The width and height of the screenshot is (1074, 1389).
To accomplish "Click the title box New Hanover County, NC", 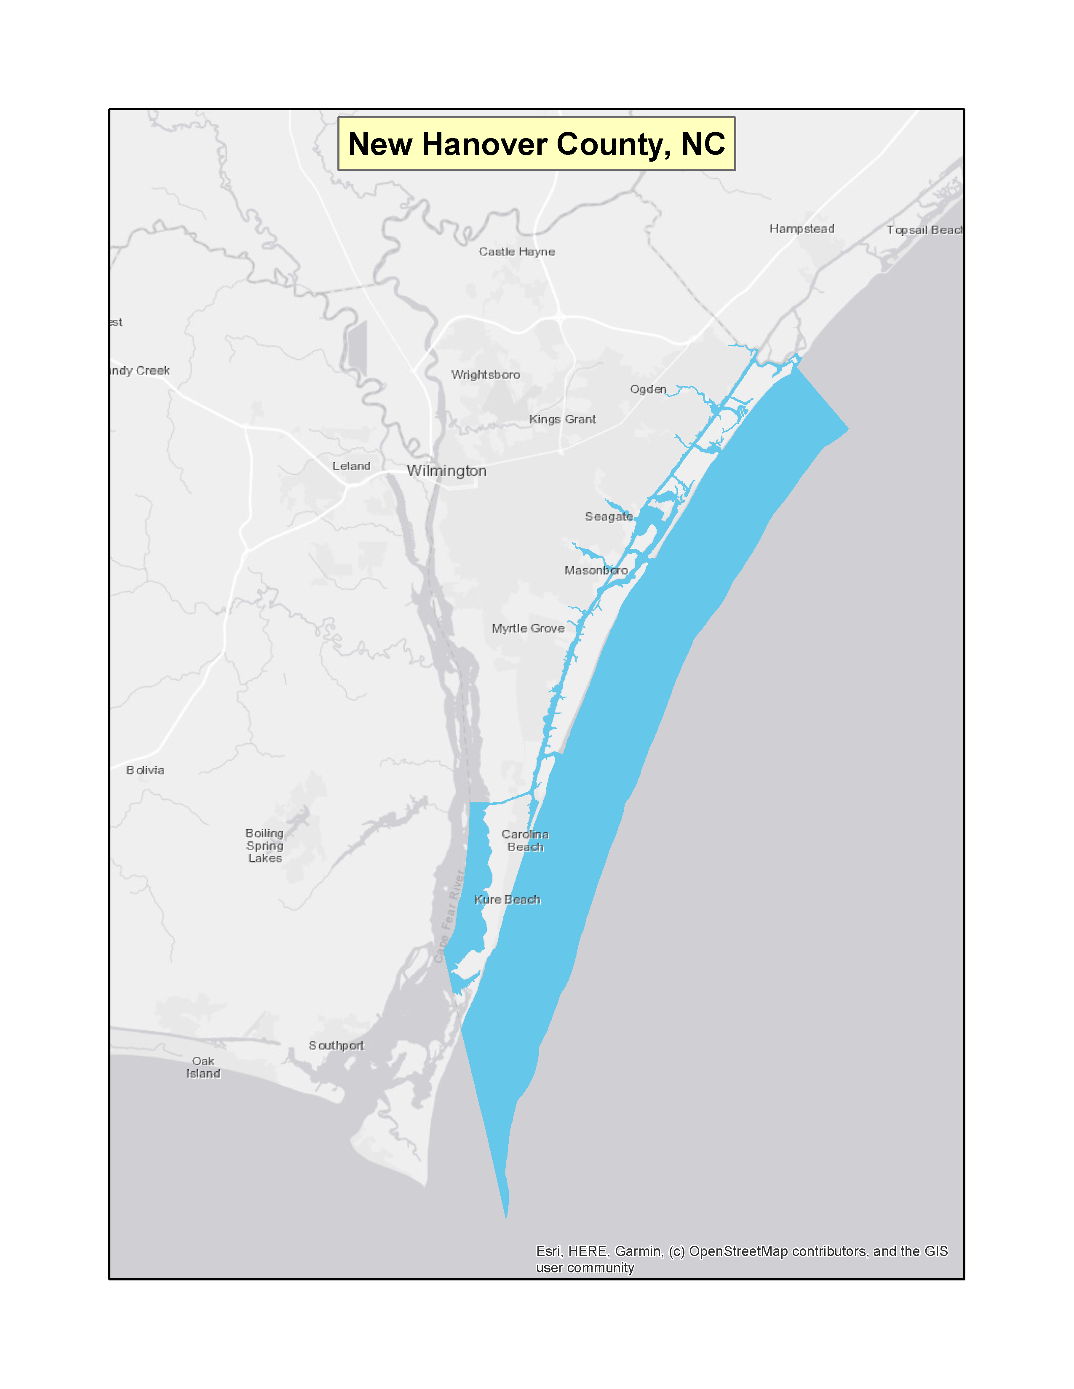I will [x=536, y=144].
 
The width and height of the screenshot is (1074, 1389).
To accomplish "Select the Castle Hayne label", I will [x=517, y=252].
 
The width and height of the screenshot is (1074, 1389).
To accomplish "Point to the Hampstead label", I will [x=801, y=229].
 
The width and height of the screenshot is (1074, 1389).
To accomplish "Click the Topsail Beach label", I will [x=924, y=230].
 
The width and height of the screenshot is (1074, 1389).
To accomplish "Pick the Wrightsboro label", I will [x=486, y=375].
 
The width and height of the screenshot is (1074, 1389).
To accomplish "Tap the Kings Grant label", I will [x=562, y=419].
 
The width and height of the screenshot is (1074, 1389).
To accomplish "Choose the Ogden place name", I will [x=648, y=389].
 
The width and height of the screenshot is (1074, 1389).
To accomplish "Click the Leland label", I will [x=351, y=466].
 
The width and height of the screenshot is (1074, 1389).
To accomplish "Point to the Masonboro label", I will [x=596, y=570].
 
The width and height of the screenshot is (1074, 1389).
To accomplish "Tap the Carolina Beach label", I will [x=525, y=840].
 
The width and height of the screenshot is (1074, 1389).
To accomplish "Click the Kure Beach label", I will [x=507, y=899].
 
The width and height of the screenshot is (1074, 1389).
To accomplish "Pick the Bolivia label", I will [x=145, y=770].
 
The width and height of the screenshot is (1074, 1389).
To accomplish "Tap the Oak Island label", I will [x=203, y=1067].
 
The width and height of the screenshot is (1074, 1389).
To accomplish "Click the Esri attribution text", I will [x=741, y=1259].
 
